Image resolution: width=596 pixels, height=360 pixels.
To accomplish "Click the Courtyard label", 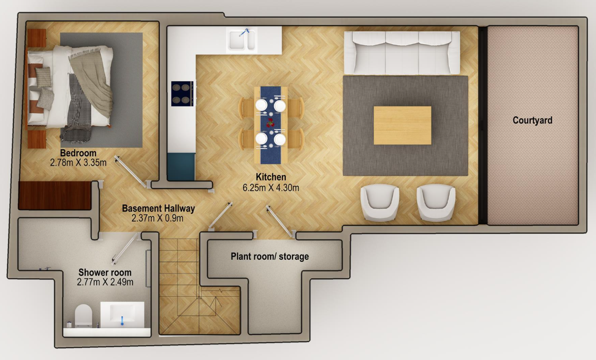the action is click(x=532, y=120).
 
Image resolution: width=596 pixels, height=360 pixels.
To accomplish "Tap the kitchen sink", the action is click(x=242, y=40).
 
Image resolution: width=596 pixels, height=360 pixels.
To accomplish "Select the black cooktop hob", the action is click(x=182, y=94).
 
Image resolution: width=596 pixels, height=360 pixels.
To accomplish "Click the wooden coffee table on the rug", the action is click(x=402, y=125).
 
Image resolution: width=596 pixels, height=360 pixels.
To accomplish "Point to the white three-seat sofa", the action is click(x=402, y=52).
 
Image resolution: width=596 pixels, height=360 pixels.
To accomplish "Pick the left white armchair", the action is click(x=380, y=202).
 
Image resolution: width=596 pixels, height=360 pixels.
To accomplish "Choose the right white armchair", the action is click(x=436, y=202).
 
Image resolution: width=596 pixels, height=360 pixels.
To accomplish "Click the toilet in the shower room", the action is click(x=84, y=316).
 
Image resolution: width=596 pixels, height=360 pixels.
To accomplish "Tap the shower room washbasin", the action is click(x=122, y=314).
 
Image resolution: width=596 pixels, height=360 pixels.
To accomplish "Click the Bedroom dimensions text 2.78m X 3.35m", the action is click(x=78, y=163).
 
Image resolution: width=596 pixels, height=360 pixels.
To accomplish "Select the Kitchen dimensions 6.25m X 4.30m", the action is click(x=270, y=187).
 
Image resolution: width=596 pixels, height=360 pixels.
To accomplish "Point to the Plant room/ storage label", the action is click(x=269, y=257).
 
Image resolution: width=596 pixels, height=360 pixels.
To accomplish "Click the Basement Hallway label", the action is click(x=158, y=208).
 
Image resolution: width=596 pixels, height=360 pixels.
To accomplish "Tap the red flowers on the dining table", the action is click(x=270, y=123).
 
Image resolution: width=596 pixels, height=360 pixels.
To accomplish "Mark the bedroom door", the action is click(x=131, y=172).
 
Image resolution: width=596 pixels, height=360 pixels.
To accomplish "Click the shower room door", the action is click(x=124, y=248).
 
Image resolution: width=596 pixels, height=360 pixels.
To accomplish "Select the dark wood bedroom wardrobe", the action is click(x=55, y=195).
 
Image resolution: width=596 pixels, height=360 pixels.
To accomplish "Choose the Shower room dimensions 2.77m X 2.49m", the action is click(x=105, y=282).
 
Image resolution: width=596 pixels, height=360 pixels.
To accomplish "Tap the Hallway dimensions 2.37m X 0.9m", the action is click(x=157, y=218).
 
